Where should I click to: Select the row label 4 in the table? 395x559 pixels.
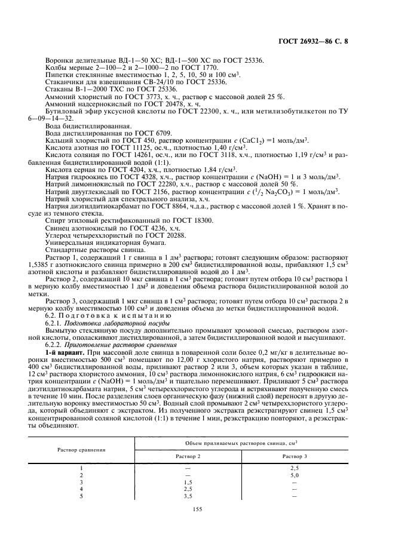81,489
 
